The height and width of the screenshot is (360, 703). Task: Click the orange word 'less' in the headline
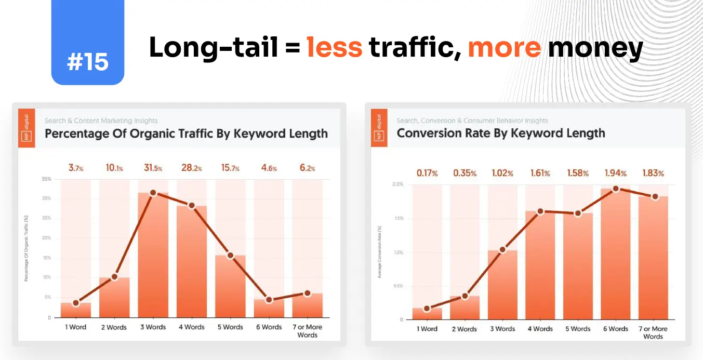(334, 48)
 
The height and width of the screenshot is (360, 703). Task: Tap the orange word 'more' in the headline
(504, 48)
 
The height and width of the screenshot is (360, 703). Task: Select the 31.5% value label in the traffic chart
(153, 168)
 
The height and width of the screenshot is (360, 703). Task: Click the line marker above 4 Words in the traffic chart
(191, 206)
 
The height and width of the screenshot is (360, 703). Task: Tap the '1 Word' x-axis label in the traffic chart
(75, 327)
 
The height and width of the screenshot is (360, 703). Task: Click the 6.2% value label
(307, 168)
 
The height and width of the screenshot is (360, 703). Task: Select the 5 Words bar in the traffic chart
(230, 286)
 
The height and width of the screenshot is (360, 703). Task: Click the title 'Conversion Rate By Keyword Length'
(500, 134)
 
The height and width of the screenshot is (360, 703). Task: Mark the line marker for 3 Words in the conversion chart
(502, 250)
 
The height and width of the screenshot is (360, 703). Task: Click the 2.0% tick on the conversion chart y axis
(398, 184)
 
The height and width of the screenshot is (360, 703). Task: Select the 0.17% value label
(427, 173)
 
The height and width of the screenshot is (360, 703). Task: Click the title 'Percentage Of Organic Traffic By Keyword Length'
(186, 134)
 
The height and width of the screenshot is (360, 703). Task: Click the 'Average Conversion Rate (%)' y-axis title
(380, 252)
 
